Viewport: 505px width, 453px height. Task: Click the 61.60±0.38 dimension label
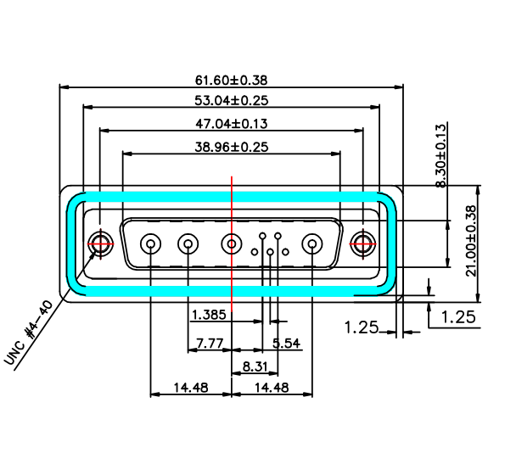tap(231, 80)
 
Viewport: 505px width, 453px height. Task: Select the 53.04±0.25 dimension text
tap(231, 100)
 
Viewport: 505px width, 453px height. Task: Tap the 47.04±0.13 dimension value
tap(231, 124)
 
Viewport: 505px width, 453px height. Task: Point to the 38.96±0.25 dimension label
tap(231, 147)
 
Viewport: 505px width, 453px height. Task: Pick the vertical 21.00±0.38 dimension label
tap(471, 241)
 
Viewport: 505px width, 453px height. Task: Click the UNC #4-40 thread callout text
tap(28, 333)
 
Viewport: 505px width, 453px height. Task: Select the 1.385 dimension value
tap(209, 315)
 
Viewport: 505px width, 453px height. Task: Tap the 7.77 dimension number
tap(210, 344)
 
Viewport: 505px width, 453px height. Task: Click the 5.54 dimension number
tap(286, 344)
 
